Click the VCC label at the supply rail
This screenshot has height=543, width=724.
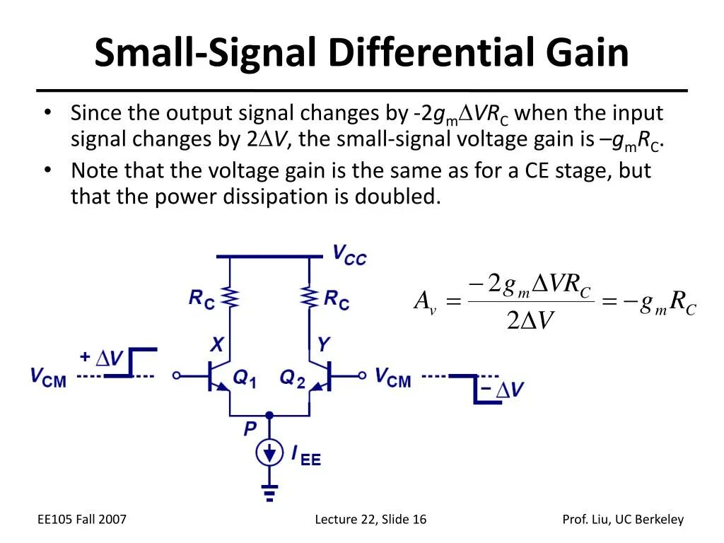click(x=349, y=255)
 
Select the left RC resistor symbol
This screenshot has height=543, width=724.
click(x=230, y=298)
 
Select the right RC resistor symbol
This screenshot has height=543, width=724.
click(x=309, y=298)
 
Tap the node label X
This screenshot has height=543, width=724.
click(x=218, y=345)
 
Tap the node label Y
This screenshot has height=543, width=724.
click(x=322, y=345)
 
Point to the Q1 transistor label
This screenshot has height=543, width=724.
click(x=244, y=379)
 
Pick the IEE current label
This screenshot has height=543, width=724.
click(x=306, y=455)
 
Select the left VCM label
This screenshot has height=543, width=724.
click(x=48, y=376)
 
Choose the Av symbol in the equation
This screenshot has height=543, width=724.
click(x=425, y=303)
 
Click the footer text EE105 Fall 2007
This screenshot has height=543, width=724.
click(x=81, y=520)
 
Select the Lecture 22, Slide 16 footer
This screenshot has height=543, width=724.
click(x=370, y=520)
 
